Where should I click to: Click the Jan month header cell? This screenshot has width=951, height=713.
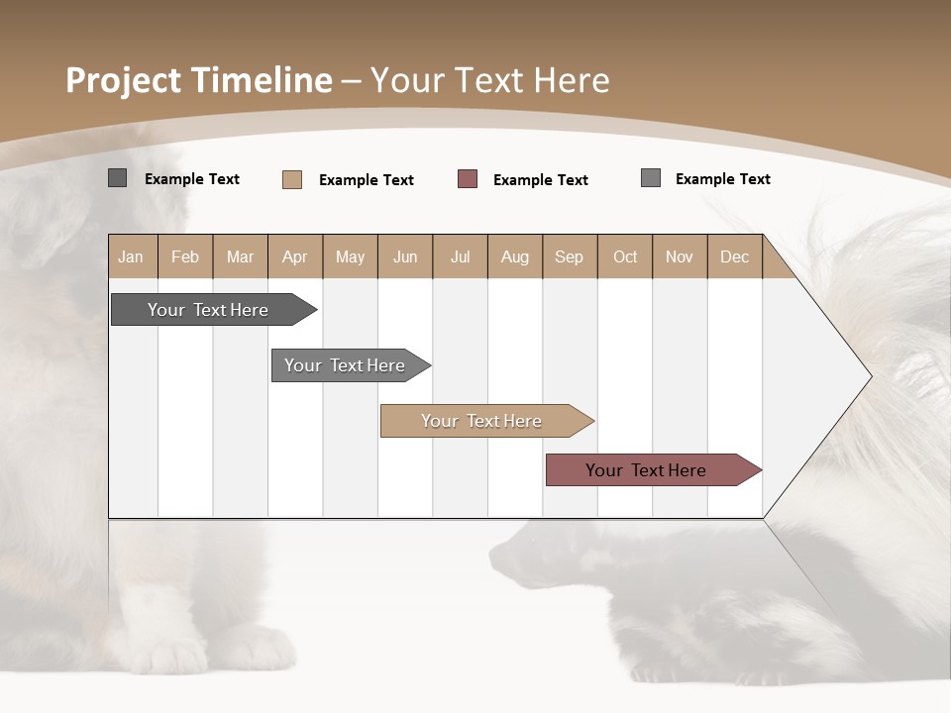click(x=132, y=256)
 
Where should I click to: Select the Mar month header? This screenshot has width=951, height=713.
click(x=240, y=256)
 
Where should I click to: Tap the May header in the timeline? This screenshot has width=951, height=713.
click(x=350, y=256)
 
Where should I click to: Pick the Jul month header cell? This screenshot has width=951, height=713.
click(x=460, y=256)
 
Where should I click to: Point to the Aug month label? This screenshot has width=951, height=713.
click(x=514, y=256)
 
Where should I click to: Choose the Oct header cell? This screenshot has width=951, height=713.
click(x=624, y=256)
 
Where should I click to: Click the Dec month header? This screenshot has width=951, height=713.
click(x=734, y=256)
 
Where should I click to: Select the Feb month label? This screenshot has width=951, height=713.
click(x=185, y=256)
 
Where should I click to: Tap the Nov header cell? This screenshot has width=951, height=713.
click(x=679, y=256)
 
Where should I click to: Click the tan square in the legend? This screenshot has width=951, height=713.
click(x=292, y=179)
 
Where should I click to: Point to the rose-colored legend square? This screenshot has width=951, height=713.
click(x=468, y=179)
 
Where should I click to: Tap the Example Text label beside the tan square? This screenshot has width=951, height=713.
click(x=366, y=180)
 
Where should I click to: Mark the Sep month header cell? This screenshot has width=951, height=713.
click(x=569, y=256)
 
